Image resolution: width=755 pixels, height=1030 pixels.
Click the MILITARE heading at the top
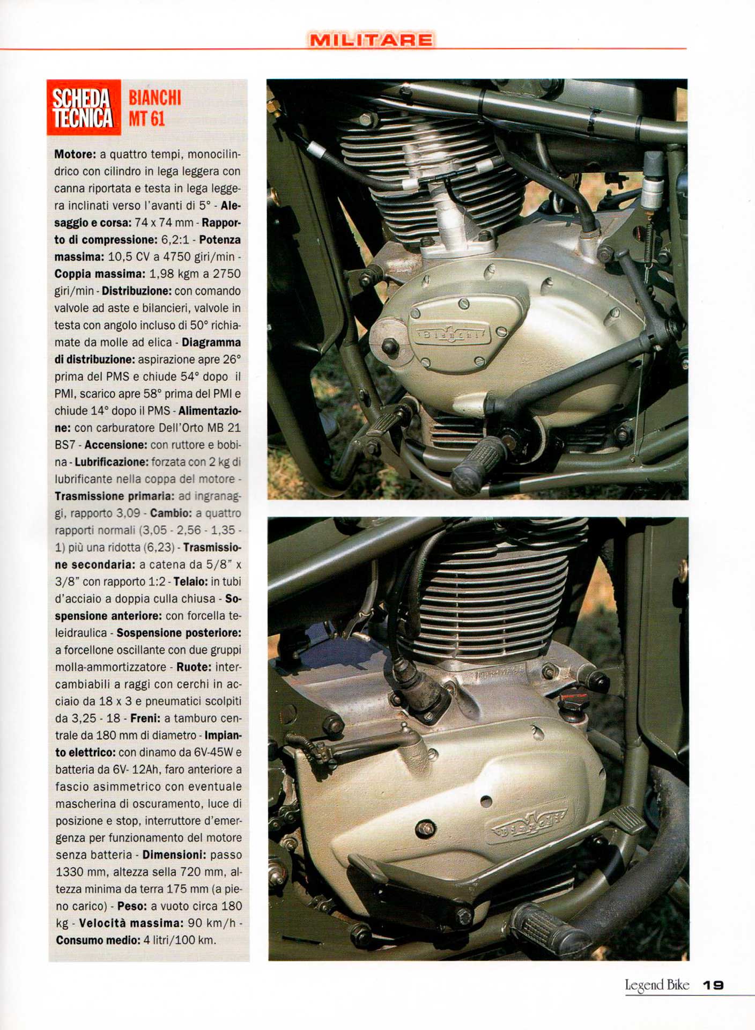pos(371,40)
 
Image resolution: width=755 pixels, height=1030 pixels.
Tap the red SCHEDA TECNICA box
pos(83,107)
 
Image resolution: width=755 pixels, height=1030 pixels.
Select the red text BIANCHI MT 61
pos(154,108)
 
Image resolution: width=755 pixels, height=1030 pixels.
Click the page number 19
pos(713,985)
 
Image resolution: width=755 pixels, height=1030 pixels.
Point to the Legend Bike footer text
pos(656,985)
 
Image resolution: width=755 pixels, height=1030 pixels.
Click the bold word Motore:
pos(75,154)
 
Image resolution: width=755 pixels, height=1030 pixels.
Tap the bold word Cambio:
pos(168,513)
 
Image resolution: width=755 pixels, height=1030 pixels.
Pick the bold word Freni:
pos(145,718)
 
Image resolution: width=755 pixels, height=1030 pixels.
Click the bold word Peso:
pos(132,906)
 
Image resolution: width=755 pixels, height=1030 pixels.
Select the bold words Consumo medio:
pos(98,940)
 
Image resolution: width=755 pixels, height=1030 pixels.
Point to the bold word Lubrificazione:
pos(111,462)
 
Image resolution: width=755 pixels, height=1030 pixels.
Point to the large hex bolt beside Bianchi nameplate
pos(390,346)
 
